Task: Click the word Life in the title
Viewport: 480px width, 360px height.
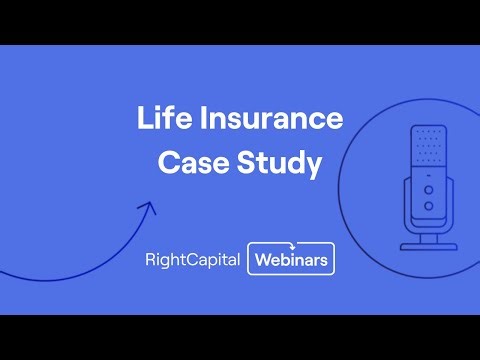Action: [162, 120]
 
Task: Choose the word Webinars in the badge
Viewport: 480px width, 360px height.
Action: [291, 260]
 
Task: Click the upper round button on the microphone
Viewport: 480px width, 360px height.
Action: [429, 189]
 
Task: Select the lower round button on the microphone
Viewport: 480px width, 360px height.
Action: [429, 205]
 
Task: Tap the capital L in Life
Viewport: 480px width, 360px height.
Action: [144, 120]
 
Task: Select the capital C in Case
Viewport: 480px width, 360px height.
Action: [167, 164]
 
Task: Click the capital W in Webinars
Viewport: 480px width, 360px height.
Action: [262, 260]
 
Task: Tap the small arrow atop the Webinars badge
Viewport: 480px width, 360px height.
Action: [292, 244]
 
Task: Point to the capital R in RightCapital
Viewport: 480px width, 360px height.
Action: [149, 260]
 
